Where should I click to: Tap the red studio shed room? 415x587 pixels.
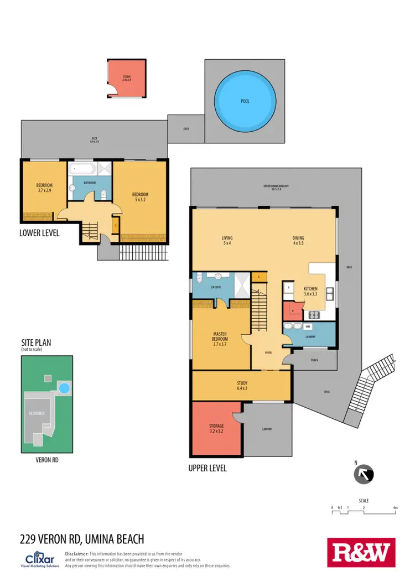click(127, 79)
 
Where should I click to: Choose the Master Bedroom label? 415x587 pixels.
click(221, 339)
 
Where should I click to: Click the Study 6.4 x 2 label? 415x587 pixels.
click(241, 386)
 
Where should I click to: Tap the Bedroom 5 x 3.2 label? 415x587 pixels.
click(140, 197)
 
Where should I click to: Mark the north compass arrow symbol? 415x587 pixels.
click(364, 474)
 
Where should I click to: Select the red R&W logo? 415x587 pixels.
click(361, 552)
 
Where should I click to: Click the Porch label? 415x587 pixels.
click(314, 360)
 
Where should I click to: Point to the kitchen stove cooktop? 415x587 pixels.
click(314, 315)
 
